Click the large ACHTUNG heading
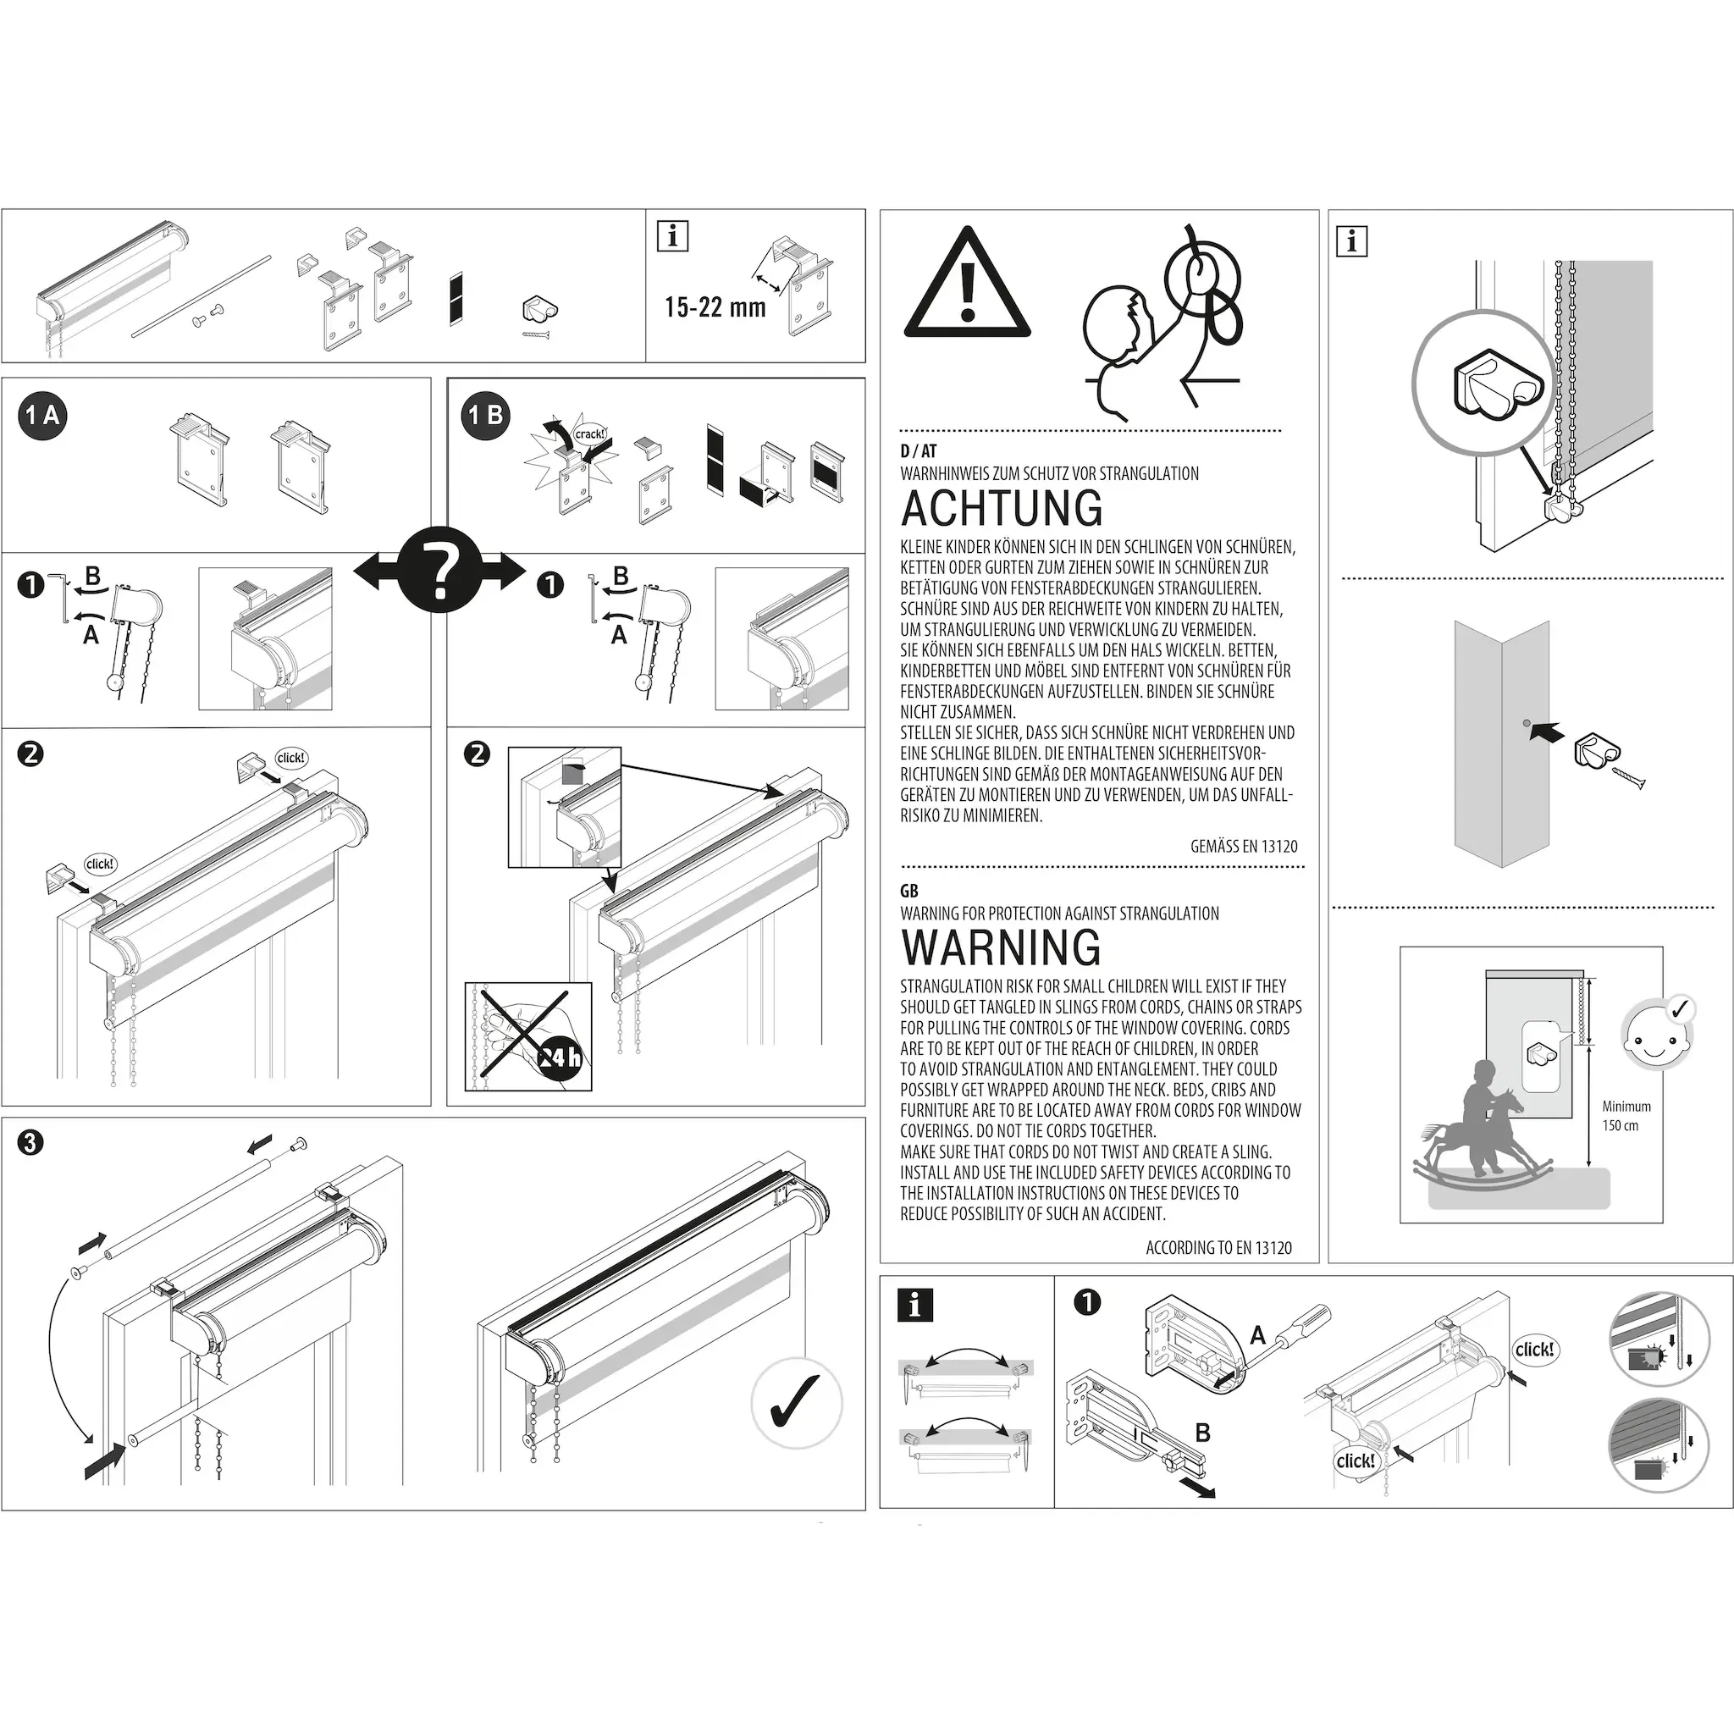(1002, 508)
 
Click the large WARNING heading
(1001, 947)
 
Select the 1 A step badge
(42, 415)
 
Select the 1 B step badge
(485, 415)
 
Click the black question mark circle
(439, 570)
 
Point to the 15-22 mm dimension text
(715, 308)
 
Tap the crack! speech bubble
(589, 434)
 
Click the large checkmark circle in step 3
(796, 1404)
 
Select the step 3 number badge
(30, 1142)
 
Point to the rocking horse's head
(1513, 1102)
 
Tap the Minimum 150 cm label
(1626, 1116)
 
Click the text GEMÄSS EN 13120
(1243, 847)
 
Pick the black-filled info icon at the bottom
(914, 1305)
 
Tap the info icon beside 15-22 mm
(672, 236)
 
